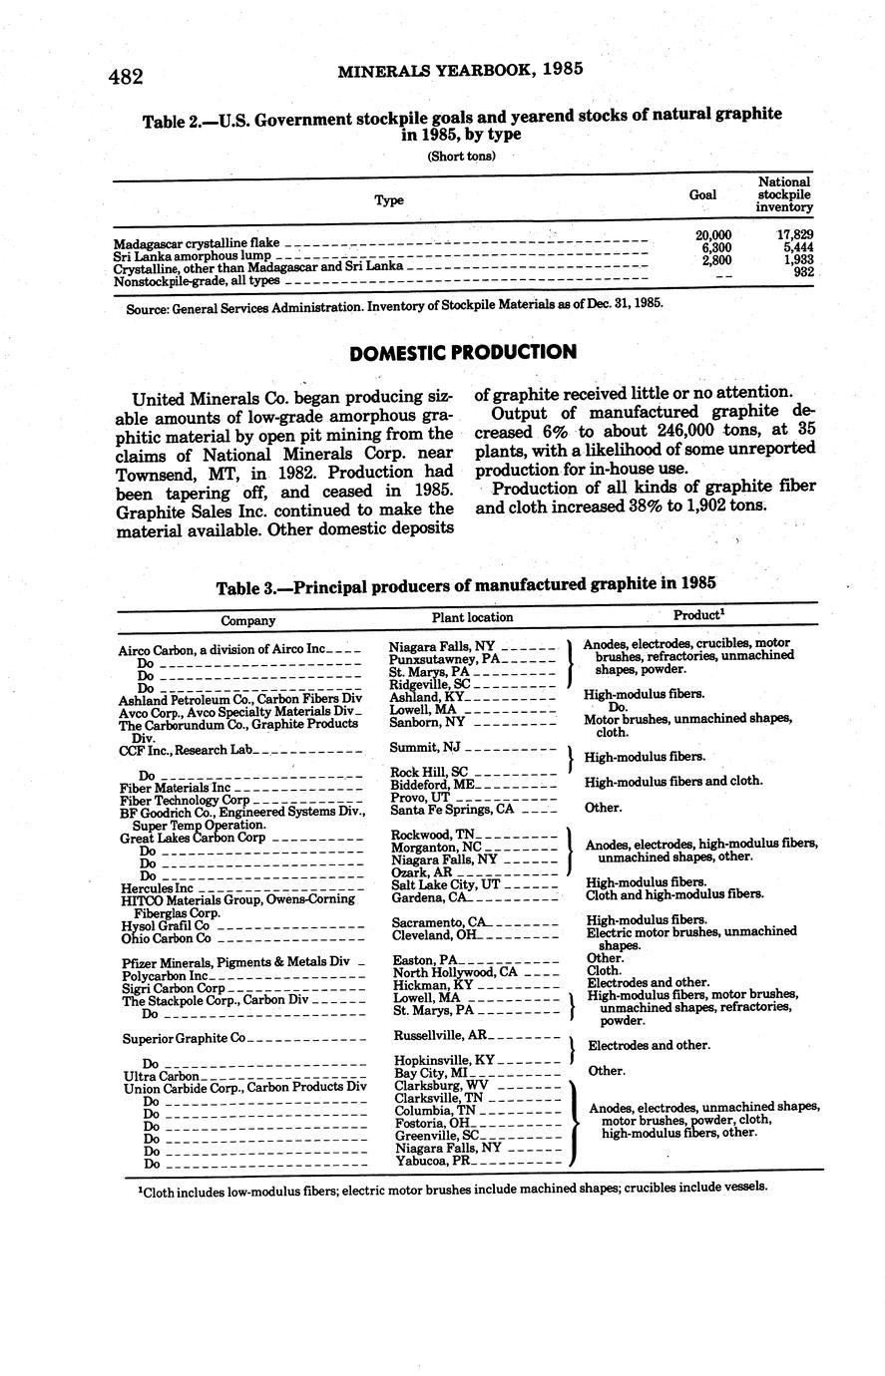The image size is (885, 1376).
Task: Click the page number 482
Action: point(127,77)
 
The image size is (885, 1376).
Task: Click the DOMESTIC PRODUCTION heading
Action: point(463,353)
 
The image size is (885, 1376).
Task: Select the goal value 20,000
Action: point(713,234)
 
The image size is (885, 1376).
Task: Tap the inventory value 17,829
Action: point(794,234)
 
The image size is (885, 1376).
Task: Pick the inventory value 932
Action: point(802,271)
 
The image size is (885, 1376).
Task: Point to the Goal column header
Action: point(702,195)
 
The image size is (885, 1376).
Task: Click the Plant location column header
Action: point(472,618)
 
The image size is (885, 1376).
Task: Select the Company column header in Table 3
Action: point(247,620)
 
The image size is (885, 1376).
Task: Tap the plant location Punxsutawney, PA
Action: point(446,659)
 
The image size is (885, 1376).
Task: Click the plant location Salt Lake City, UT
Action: point(445,884)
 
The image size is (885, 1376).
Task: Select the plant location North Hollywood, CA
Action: point(455,972)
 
